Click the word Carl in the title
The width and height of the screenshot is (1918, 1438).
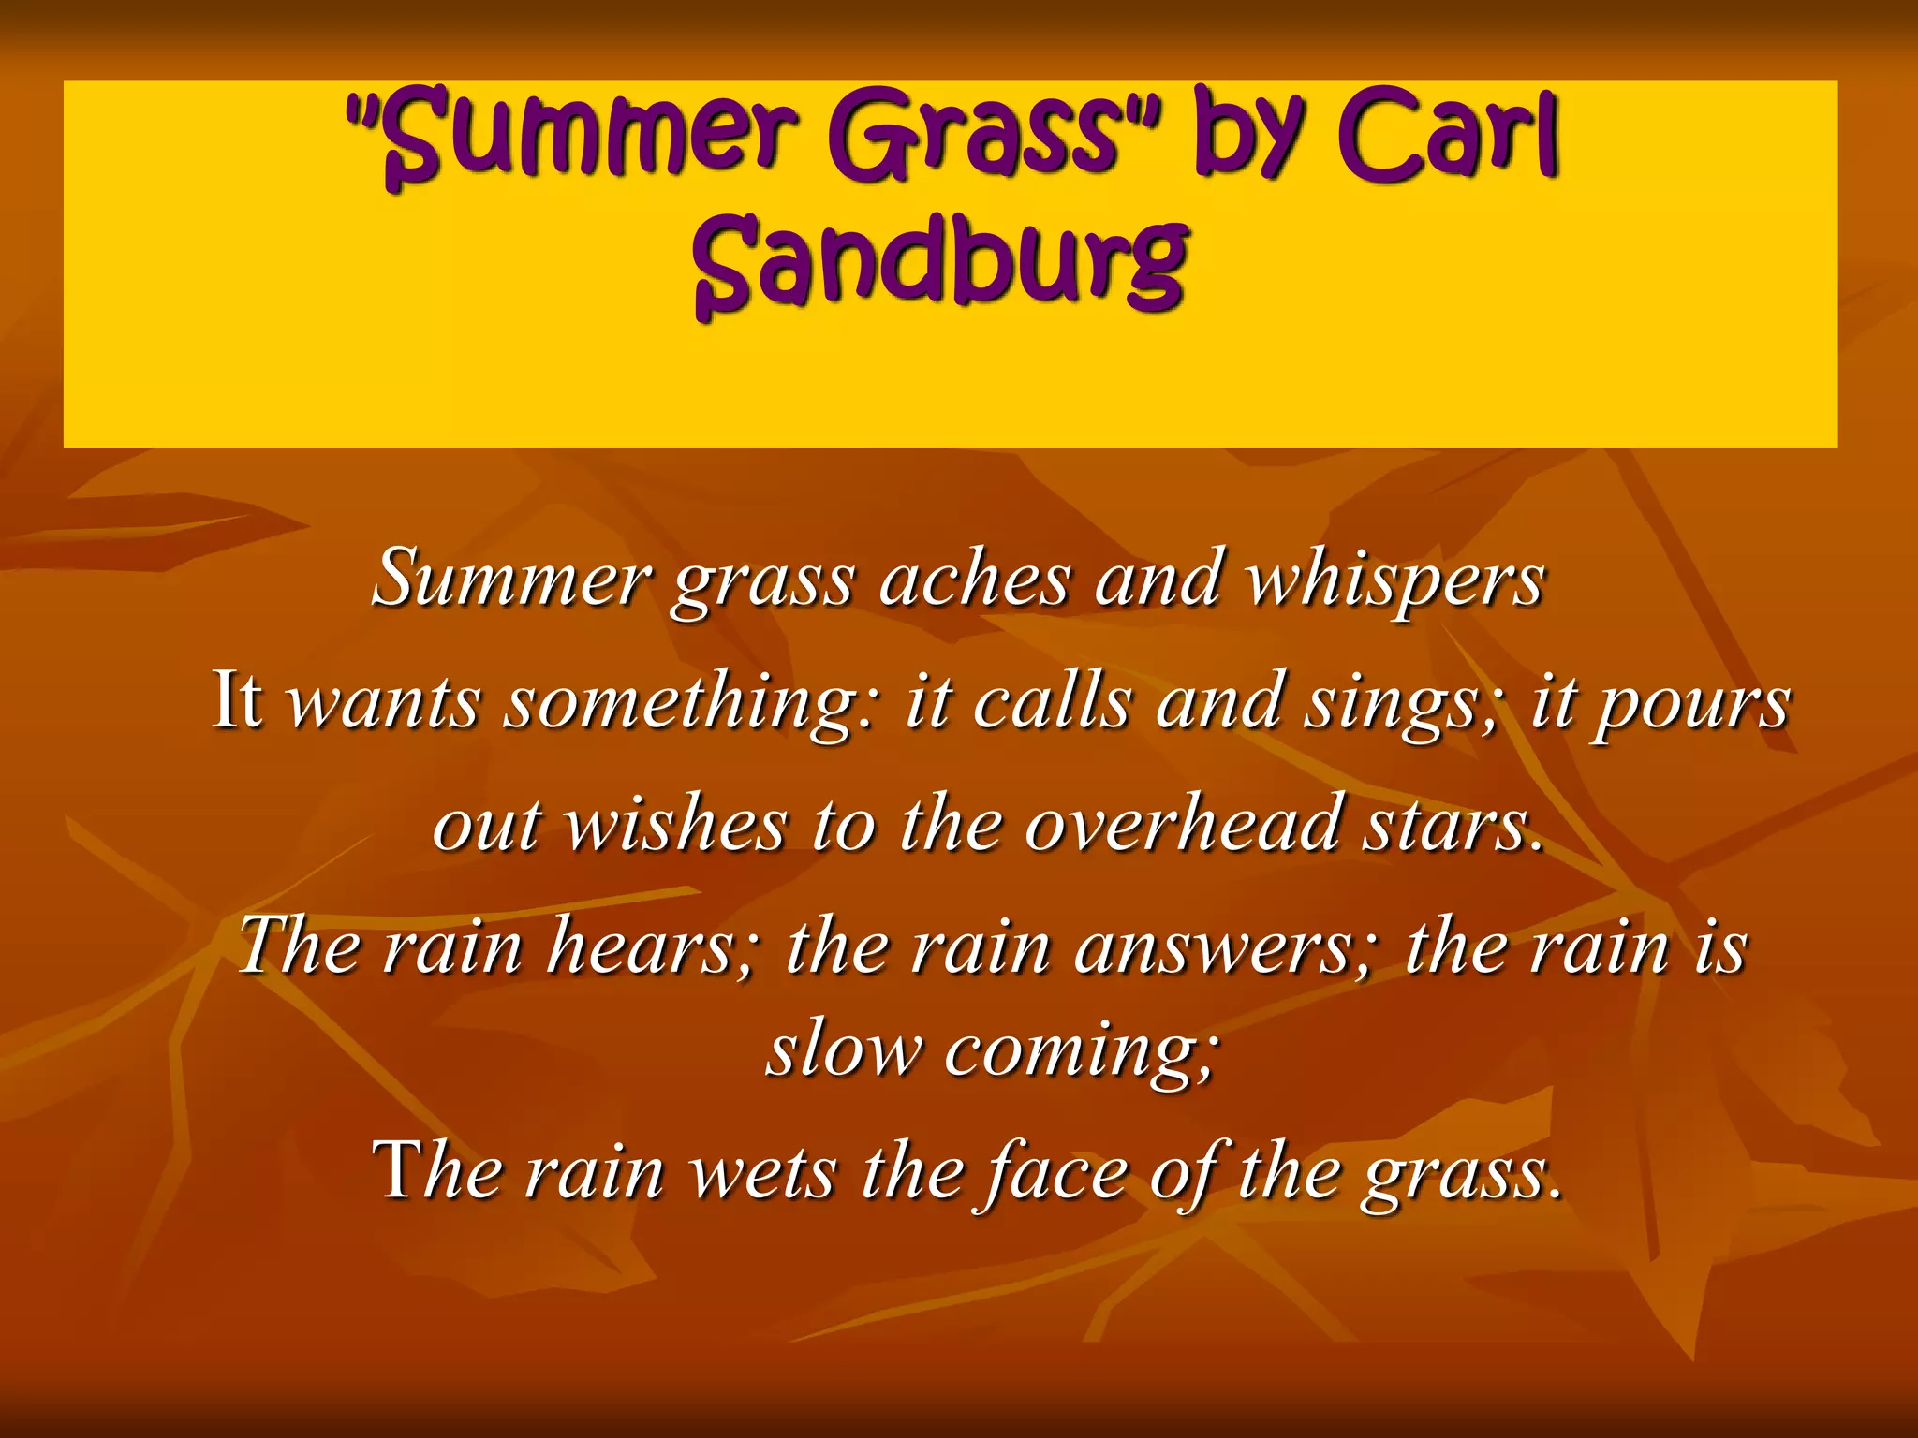point(1447,136)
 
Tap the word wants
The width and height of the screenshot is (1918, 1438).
point(383,702)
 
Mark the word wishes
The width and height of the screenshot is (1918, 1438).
point(675,825)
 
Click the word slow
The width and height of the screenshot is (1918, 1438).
point(843,1049)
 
